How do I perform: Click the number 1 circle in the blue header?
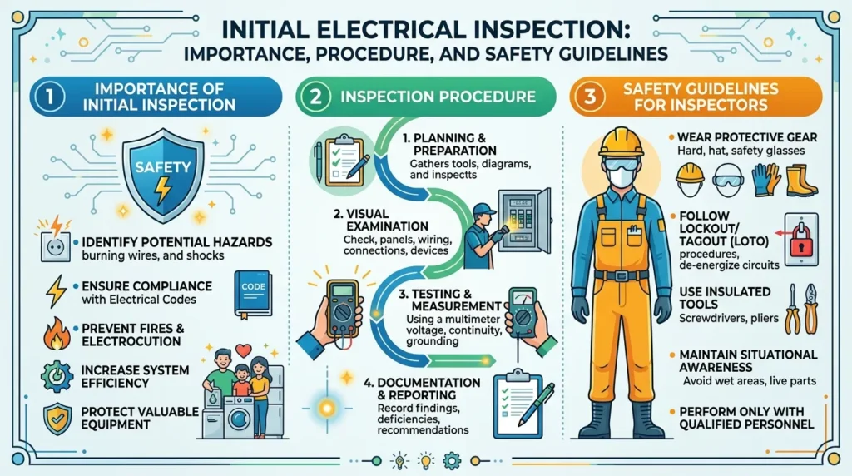49,97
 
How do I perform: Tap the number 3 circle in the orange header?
590,97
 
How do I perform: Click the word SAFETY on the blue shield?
163,167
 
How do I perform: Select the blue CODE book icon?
253,294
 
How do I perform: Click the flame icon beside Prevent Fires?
57,334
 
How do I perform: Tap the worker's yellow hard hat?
622,142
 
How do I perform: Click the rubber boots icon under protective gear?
801,181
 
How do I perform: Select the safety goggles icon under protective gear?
727,181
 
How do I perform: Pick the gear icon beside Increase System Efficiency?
57,376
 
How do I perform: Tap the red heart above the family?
243,350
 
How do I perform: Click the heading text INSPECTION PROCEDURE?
438,97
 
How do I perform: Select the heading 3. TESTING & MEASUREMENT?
450,300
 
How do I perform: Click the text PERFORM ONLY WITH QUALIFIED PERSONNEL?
746,418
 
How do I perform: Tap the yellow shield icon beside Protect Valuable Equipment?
57,419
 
